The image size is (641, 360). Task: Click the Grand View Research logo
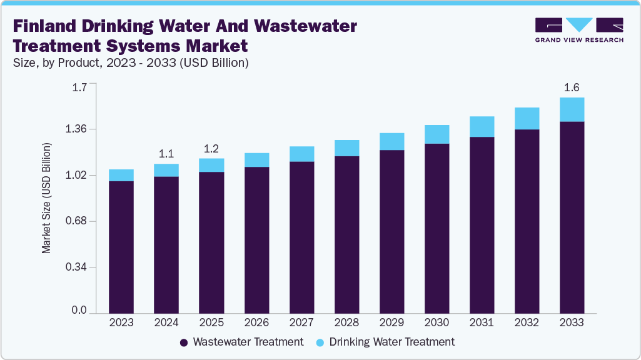click(x=578, y=30)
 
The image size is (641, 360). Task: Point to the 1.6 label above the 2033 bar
click(x=572, y=87)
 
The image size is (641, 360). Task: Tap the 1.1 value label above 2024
click(x=166, y=153)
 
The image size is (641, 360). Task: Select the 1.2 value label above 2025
click(x=211, y=148)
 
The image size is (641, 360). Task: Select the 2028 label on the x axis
click(x=346, y=323)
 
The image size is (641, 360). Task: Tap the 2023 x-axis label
click(x=121, y=323)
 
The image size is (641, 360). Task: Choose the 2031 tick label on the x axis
click(x=482, y=323)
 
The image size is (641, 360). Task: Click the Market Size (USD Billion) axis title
click(x=46, y=198)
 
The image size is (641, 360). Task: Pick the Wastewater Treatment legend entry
click(x=241, y=342)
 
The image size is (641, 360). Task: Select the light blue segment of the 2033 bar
click(x=572, y=109)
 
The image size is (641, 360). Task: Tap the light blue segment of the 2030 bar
click(x=437, y=134)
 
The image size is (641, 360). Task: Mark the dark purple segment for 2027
click(x=301, y=237)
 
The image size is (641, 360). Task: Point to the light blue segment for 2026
click(x=256, y=160)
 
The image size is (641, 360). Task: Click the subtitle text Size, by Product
click(x=63, y=62)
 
